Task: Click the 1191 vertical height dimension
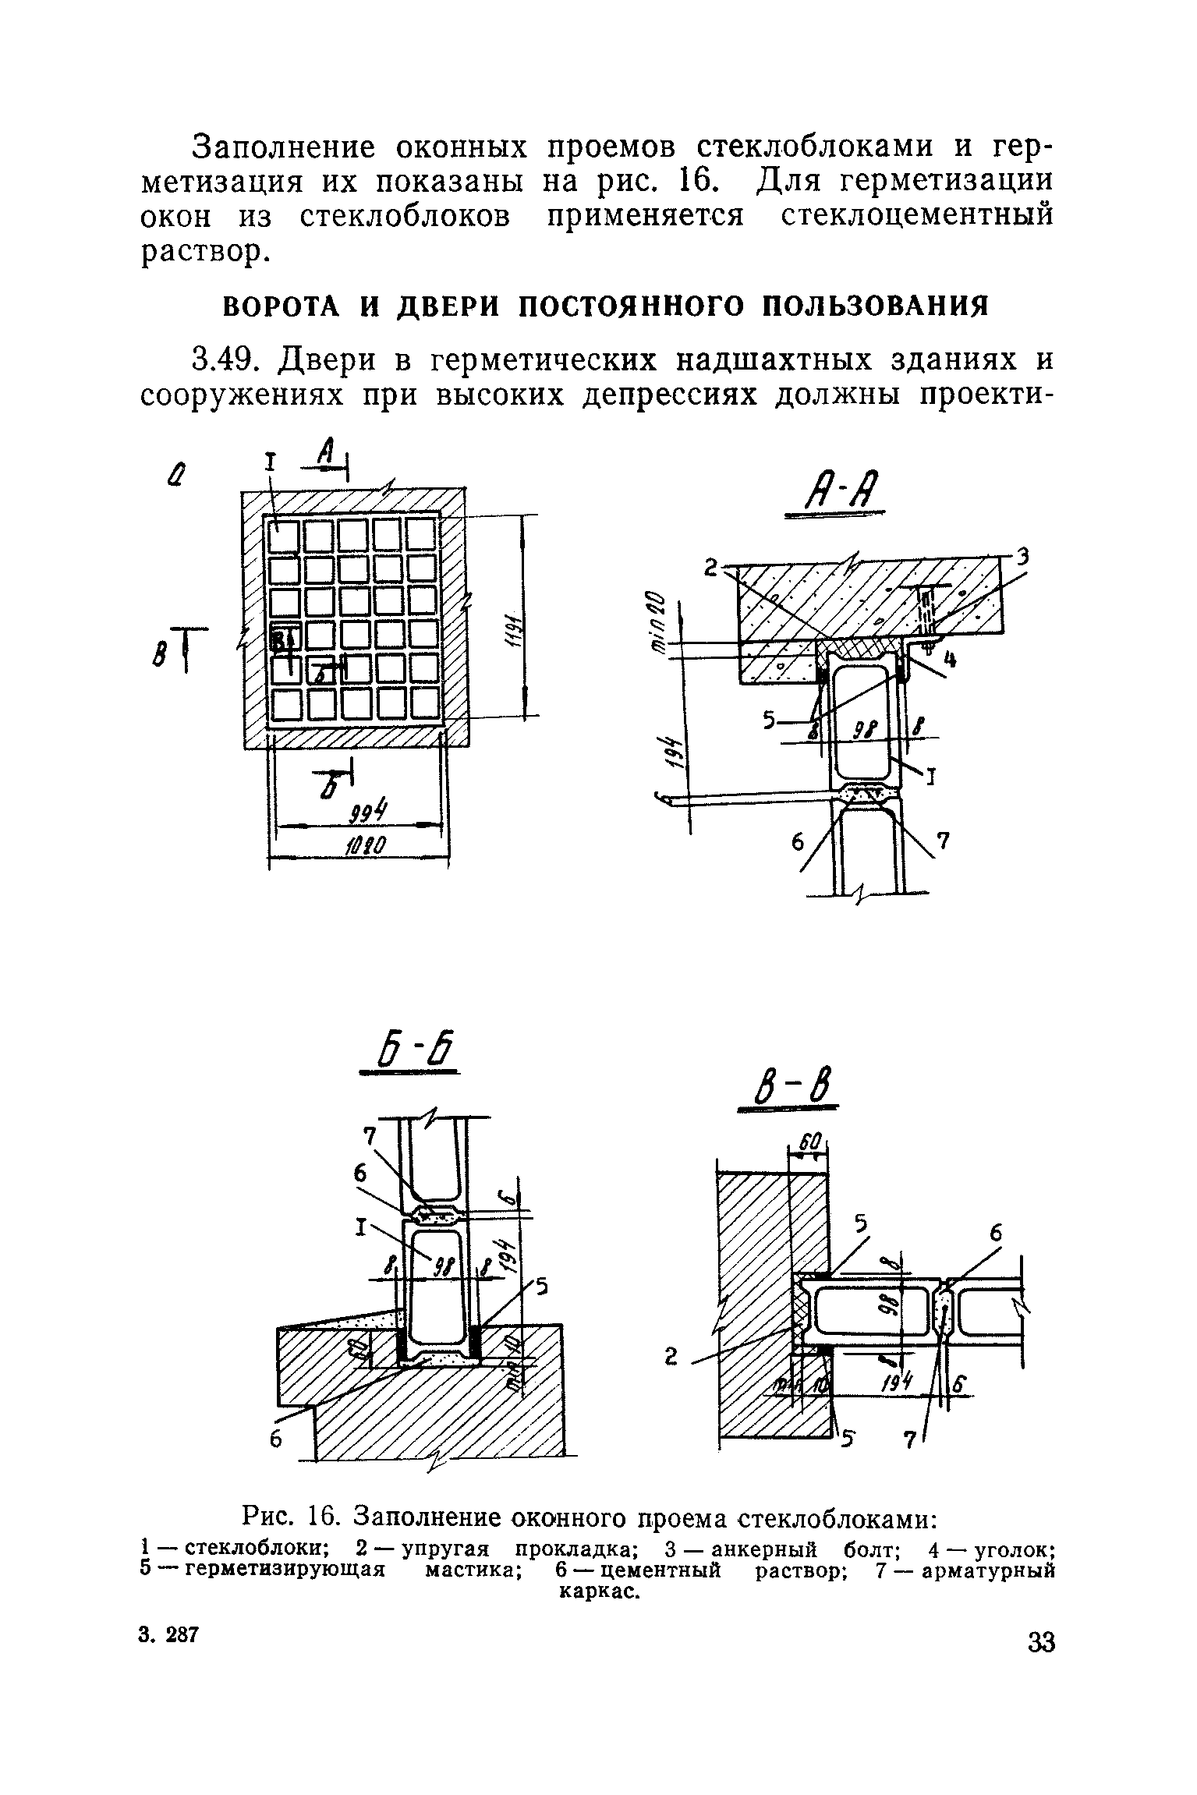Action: (514, 616)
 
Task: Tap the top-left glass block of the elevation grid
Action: (285, 536)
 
